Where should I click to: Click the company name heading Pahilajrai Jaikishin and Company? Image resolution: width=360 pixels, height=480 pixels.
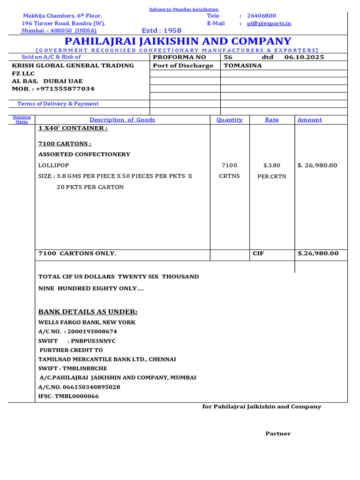tap(178, 41)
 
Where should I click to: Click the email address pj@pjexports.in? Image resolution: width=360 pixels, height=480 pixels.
tap(269, 23)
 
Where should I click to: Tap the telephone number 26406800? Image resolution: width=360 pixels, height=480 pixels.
tap(262, 16)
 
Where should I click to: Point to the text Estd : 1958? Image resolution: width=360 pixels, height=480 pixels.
tap(161, 30)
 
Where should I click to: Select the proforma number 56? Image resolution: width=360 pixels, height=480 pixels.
tap(228, 57)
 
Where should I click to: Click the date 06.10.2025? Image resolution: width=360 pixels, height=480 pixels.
tap(304, 57)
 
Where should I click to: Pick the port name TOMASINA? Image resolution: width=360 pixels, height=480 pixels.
tap(243, 66)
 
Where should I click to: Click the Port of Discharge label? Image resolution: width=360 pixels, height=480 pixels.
tap(183, 66)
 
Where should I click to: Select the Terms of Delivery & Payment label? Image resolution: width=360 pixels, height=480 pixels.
tap(58, 104)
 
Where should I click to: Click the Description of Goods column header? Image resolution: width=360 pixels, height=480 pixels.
tap(122, 120)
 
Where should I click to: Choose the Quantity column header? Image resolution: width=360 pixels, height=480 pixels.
tap(230, 120)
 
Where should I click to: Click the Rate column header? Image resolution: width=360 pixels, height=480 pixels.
tap(272, 120)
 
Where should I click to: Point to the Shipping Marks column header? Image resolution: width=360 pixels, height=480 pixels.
tap(22, 120)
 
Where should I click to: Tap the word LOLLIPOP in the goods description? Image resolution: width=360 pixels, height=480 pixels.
tap(53, 165)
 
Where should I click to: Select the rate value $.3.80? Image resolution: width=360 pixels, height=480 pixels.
tap(272, 165)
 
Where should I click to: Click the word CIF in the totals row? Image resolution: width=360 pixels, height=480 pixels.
tap(258, 254)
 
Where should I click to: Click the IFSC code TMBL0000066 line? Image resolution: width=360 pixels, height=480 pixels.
tap(68, 397)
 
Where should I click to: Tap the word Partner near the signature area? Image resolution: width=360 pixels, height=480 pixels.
tap(278, 434)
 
